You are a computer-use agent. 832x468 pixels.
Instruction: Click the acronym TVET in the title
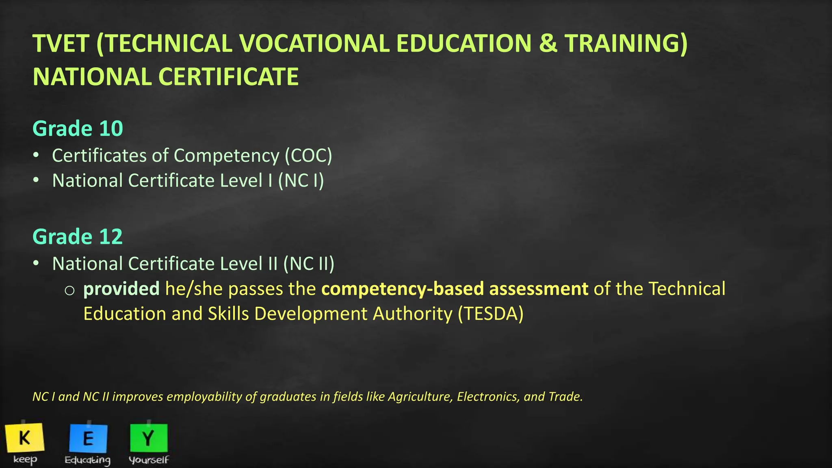[x=61, y=43]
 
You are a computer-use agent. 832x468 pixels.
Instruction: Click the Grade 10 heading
[x=78, y=128]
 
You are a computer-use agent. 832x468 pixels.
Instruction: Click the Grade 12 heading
[x=78, y=236]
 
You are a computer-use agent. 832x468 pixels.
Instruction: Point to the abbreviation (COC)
[x=308, y=156]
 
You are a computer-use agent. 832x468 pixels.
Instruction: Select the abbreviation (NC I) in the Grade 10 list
[x=301, y=181]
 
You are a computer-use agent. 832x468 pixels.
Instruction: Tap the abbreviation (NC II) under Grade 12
[x=309, y=264]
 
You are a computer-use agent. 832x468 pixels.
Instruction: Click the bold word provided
[x=121, y=289]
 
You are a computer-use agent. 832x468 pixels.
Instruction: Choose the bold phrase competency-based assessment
[x=455, y=289]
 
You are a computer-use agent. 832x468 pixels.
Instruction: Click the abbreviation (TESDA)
[x=490, y=314]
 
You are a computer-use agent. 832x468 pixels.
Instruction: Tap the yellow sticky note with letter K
[x=25, y=438]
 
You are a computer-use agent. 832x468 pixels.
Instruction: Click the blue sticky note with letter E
[x=88, y=438]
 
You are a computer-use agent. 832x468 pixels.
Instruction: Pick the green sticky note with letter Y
[x=149, y=438]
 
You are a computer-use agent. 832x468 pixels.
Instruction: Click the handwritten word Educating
[x=88, y=460]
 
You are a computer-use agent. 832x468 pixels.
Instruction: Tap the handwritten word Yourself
[x=149, y=460]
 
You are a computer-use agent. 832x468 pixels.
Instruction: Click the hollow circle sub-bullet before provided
[x=69, y=290]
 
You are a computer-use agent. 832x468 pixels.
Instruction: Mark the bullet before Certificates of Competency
[x=36, y=155]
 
